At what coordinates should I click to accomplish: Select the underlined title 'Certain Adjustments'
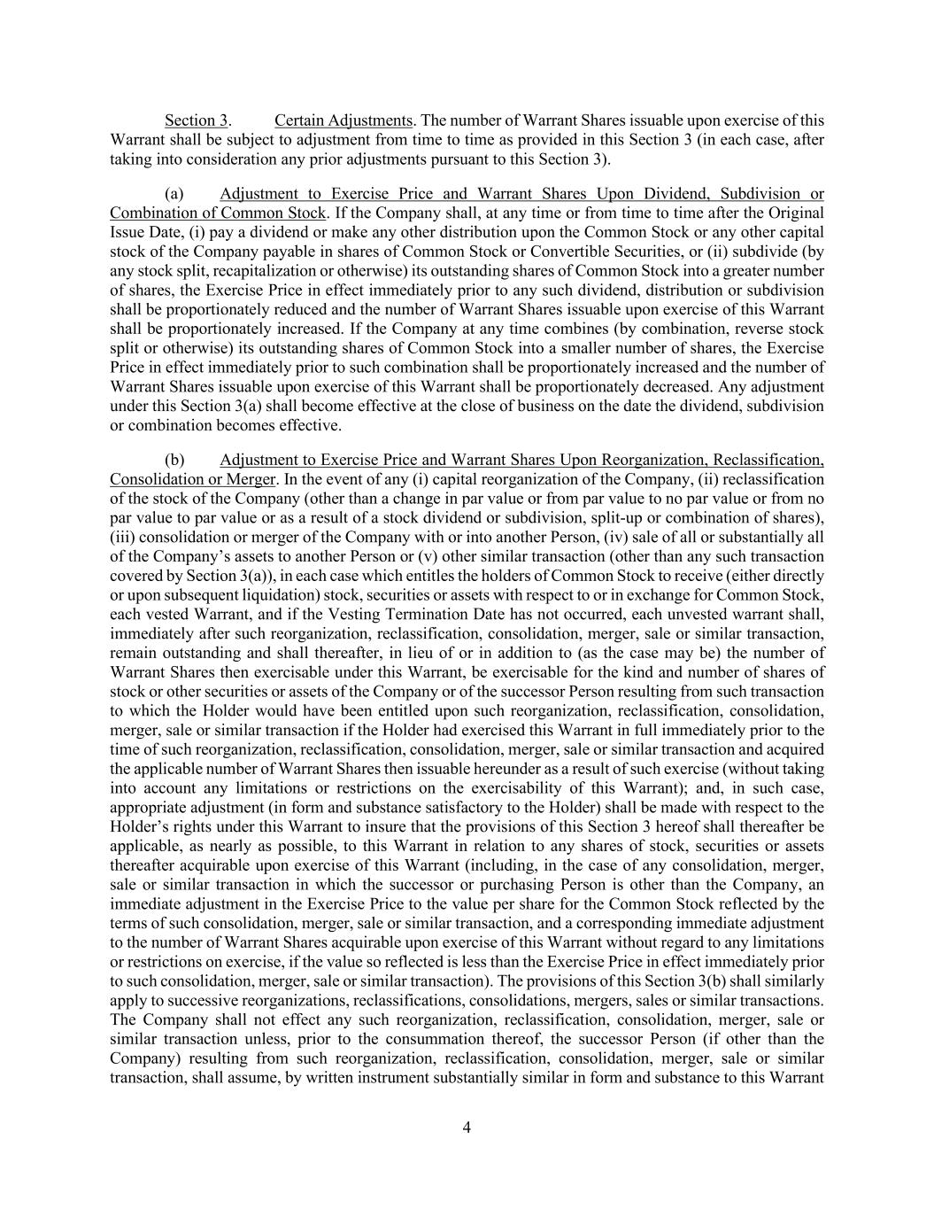pos(343,120)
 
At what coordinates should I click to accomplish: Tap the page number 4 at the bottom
pos(467,1128)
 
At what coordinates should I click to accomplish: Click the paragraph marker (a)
pos(174,194)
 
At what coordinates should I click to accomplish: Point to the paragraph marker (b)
pos(174,460)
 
